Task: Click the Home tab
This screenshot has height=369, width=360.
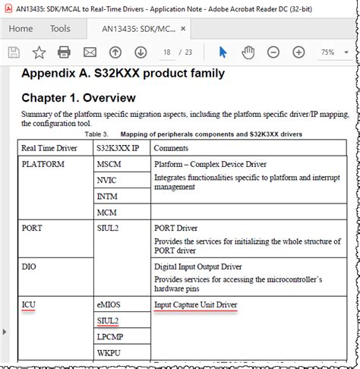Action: click(x=21, y=29)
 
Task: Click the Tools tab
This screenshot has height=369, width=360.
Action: click(x=60, y=29)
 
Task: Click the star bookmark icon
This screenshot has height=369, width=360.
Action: click(x=39, y=52)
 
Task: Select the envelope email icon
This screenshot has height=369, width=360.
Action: click(x=90, y=52)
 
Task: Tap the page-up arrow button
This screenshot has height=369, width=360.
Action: click(x=115, y=52)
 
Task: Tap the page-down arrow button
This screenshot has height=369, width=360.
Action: click(x=141, y=52)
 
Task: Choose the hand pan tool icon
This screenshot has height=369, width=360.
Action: click(x=248, y=52)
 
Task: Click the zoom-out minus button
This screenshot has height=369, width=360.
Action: click(x=275, y=52)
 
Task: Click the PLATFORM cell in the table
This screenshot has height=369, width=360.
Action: click(x=43, y=163)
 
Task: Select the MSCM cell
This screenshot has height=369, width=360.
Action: click(x=109, y=163)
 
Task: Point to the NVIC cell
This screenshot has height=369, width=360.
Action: click(x=108, y=180)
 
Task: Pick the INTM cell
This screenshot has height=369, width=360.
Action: click(x=108, y=196)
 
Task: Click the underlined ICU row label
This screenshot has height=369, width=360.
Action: click(x=29, y=304)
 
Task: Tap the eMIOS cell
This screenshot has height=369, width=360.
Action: click(x=109, y=304)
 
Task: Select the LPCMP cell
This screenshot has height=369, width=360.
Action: click(x=110, y=336)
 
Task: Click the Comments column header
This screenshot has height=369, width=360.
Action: click(x=175, y=147)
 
